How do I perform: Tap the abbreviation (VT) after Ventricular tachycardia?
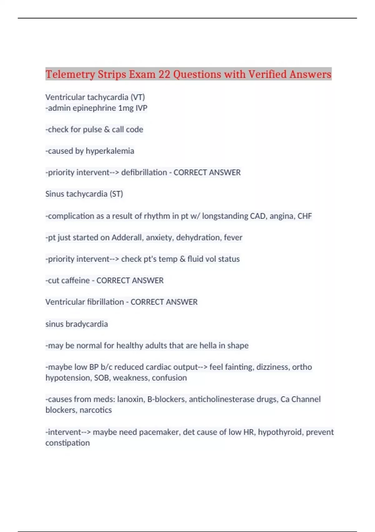pos(137,97)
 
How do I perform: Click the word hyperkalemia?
pos(110,151)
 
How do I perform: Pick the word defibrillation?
pos(144,172)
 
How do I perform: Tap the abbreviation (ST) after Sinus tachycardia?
pos(116,194)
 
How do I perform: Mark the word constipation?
pos(67,443)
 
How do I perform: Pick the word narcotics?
pos(96,410)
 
